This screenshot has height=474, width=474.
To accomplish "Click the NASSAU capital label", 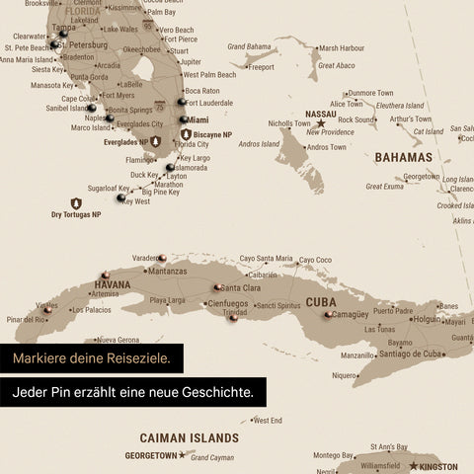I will click(x=321, y=114).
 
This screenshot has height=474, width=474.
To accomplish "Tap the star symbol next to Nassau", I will click(x=320, y=123).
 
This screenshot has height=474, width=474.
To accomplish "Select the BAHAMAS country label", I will click(x=403, y=157).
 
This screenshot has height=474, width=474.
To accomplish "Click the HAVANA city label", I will click(x=112, y=283).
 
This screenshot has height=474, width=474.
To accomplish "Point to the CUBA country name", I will click(x=321, y=302).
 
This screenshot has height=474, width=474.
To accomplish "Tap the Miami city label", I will click(x=197, y=119).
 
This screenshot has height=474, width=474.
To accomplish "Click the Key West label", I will click(x=136, y=200).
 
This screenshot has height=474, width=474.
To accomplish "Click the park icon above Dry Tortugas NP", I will click(x=75, y=202).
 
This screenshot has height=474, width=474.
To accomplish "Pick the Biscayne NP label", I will click(x=212, y=134).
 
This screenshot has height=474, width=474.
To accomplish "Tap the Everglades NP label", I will click(x=125, y=142).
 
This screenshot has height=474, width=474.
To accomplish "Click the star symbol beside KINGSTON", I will click(x=413, y=465).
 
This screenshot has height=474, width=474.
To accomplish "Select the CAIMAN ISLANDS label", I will click(x=189, y=436).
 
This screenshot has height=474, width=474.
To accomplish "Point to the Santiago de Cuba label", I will click(x=414, y=354).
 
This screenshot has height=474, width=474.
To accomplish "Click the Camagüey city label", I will click(x=350, y=314).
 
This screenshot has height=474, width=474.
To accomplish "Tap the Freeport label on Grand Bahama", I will click(x=261, y=67).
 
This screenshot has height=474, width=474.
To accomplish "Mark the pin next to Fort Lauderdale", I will click(x=181, y=101).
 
